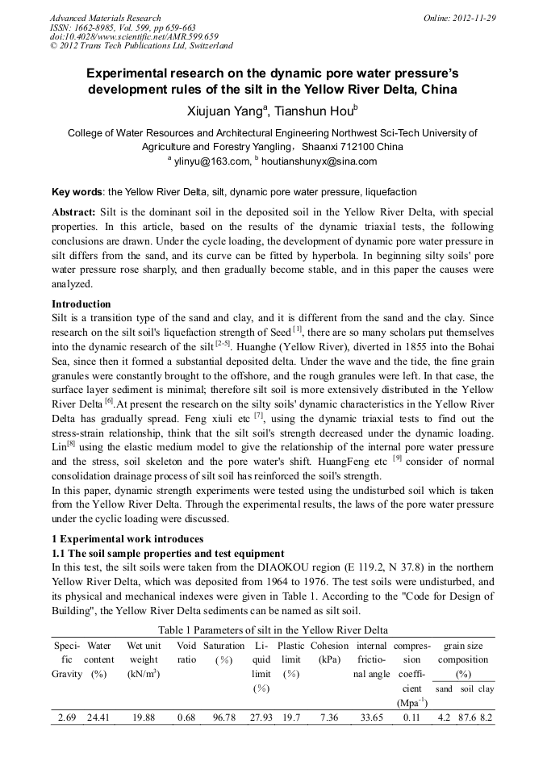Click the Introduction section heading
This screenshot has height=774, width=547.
click(81, 304)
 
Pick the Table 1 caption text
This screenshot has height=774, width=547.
click(273, 630)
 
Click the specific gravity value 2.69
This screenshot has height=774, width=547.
click(67, 717)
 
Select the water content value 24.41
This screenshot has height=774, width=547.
click(100, 717)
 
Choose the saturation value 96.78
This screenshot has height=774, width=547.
click(223, 717)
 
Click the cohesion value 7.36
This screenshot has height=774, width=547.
click(329, 717)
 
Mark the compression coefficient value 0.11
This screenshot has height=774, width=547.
click(411, 717)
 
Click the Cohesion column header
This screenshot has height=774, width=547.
click(329, 646)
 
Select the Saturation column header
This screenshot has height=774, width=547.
click(223, 646)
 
